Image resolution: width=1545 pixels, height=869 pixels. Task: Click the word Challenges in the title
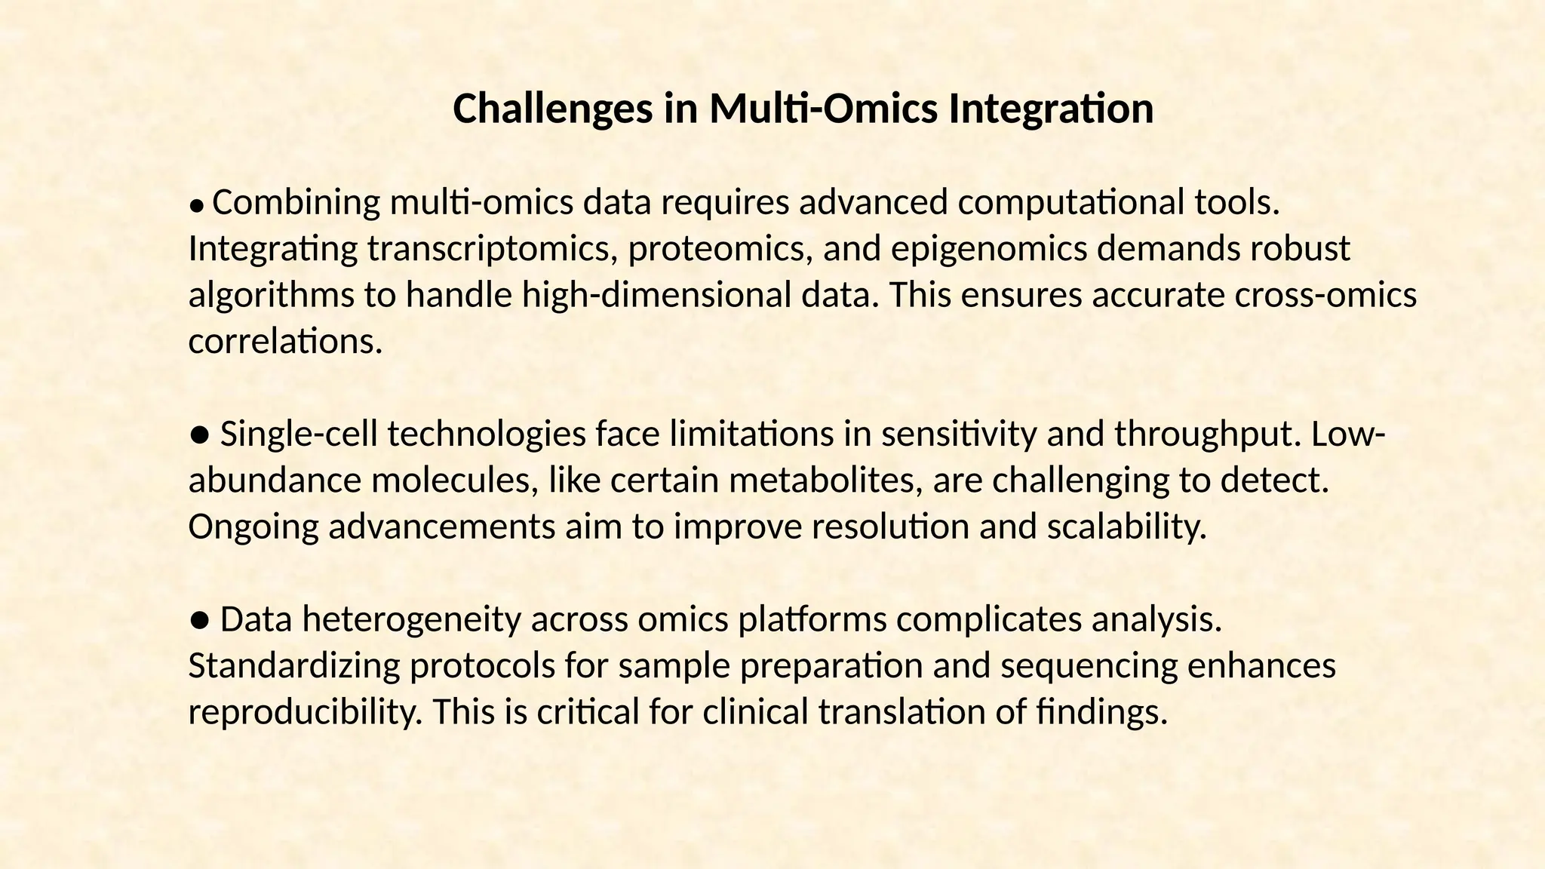coord(552,109)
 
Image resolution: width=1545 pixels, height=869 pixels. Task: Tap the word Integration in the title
coord(1051,109)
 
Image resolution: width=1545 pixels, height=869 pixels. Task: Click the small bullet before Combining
coord(196,204)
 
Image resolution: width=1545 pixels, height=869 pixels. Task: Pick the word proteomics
coord(720,249)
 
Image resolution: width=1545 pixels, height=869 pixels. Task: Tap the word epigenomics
coord(989,249)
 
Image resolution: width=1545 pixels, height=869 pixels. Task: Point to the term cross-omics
coord(1325,295)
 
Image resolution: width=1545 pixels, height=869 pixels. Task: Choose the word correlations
coord(284,342)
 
